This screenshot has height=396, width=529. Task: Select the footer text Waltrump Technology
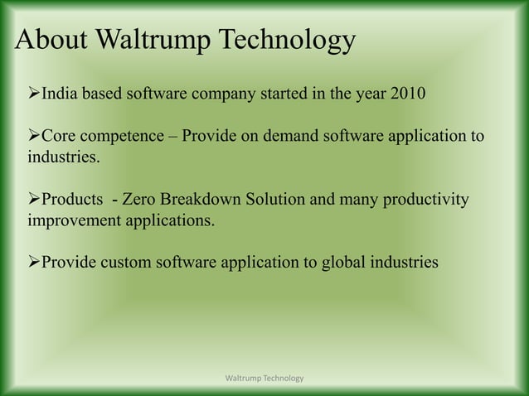pyautogui.click(x=264, y=379)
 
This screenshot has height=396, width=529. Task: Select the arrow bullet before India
pyautogui.click(x=33, y=91)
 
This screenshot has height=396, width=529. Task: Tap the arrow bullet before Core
pyautogui.click(x=33, y=135)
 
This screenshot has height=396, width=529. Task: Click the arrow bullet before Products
pyautogui.click(x=33, y=200)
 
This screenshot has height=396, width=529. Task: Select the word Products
pyautogui.click(x=73, y=200)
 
